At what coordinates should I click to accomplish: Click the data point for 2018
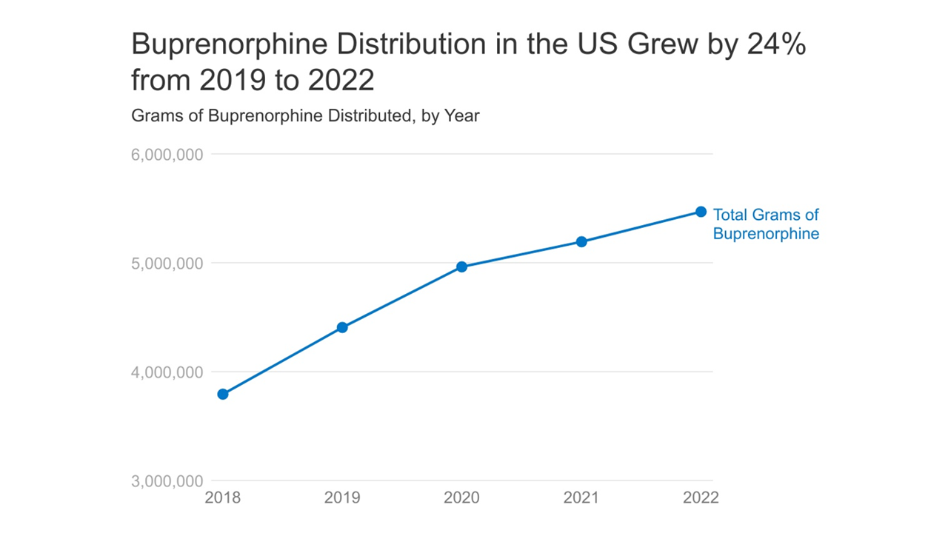pyautogui.click(x=222, y=394)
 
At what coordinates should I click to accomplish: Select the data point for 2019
pyautogui.click(x=342, y=327)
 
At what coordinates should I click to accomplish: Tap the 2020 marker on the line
pyautogui.click(x=461, y=266)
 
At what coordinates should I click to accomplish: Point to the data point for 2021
pyautogui.click(x=581, y=241)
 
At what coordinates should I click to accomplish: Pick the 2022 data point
pyautogui.click(x=701, y=212)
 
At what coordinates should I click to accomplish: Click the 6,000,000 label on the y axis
pyautogui.click(x=167, y=155)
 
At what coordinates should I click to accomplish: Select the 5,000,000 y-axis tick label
pyautogui.click(x=167, y=264)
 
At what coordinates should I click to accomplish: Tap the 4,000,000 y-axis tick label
pyautogui.click(x=167, y=372)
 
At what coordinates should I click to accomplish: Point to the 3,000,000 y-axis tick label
pyautogui.click(x=167, y=481)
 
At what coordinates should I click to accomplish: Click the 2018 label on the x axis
pyautogui.click(x=222, y=497)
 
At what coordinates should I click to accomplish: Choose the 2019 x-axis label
pyautogui.click(x=342, y=497)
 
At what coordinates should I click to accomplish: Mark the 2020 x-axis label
pyautogui.click(x=461, y=497)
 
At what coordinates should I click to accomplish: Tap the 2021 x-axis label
pyautogui.click(x=581, y=497)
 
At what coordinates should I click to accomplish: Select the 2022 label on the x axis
pyautogui.click(x=701, y=497)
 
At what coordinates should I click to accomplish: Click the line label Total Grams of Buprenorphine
pyautogui.click(x=766, y=224)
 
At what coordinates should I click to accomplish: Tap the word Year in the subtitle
pyautogui.click(x=462, y=116)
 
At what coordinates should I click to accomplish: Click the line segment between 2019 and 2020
pyautogui.click(x=401, y=297)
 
